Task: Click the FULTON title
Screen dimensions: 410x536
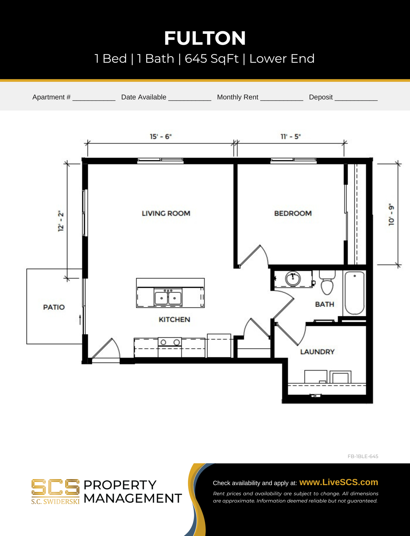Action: pos(205,38)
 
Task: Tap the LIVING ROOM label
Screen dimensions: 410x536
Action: pos(166,213)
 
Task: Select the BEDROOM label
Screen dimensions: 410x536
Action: pos(293,213)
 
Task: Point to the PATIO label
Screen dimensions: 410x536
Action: pos(54,307)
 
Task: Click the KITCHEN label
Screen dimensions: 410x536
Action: pos(174,319)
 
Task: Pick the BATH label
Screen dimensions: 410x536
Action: pos(325,304)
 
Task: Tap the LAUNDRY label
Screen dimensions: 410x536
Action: pos(317,352)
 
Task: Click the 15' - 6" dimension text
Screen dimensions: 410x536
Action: pos(161,137)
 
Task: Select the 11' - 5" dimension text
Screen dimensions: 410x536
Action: pos(290,137)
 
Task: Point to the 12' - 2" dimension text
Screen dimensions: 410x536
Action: pos(61,221)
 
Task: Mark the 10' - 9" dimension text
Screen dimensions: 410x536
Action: pos(391,214)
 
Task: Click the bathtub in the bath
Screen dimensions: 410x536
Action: pos(354,293)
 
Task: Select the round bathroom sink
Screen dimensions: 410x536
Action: pos(293,279)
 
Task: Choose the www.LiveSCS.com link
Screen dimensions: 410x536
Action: pos(339,482)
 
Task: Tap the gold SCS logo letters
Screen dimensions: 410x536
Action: pos(55,487)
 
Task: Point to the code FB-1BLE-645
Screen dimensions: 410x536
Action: pos(363,456)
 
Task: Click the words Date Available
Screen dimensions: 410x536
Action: pos(144,97)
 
